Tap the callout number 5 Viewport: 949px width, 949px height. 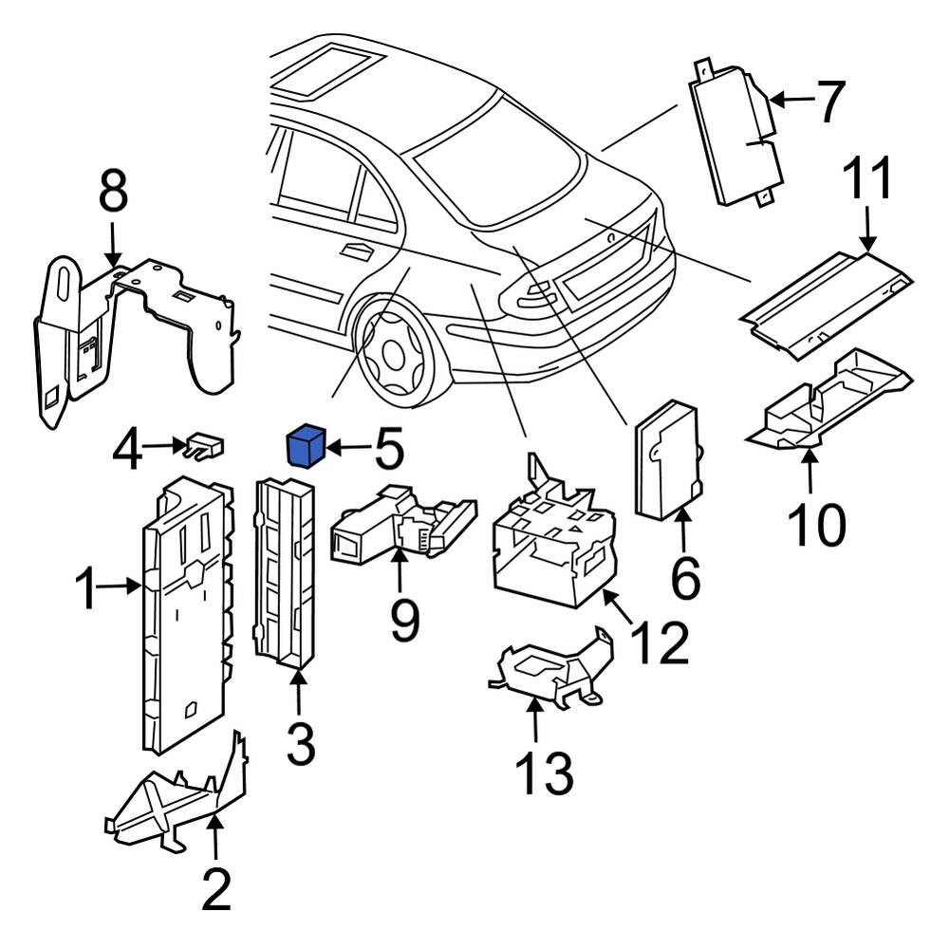click(387, 449)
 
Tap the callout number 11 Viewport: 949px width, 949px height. click(868, 180)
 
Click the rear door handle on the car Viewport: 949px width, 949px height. click(357, 251)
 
